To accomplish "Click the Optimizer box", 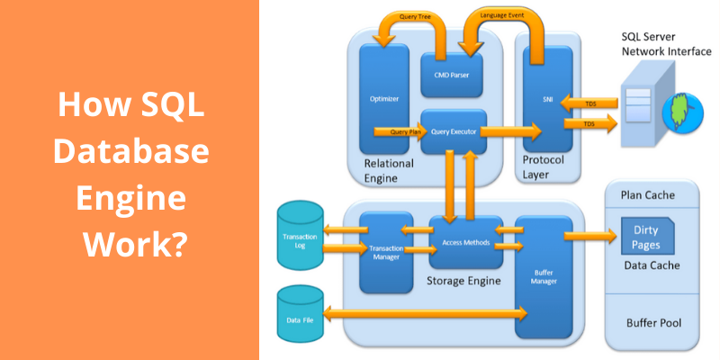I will click(x=384, y=99).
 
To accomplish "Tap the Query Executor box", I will click(x=454, y=131).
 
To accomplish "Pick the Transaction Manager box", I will click(x=386, y=252).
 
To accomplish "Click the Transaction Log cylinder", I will click(x=301, y=236).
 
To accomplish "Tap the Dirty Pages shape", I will click(x=645, y=238).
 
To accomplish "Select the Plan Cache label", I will click(x=648, y=194).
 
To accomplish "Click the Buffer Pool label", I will click(x=653, y=322).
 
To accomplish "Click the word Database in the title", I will click(x=130, y=153).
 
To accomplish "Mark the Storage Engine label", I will click(x=463, y=282).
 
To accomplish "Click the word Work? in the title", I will click(x=130, y=243).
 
